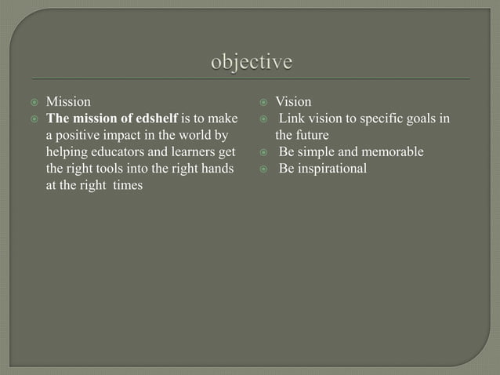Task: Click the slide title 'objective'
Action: (x=251, y=63)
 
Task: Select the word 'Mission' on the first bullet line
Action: (x=68, y=102)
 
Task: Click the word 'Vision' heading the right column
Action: (x=293, y=102)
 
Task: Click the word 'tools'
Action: (x=111, y=168)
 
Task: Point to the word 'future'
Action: (x=313, y=135)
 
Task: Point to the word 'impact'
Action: (x=124, y=135)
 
